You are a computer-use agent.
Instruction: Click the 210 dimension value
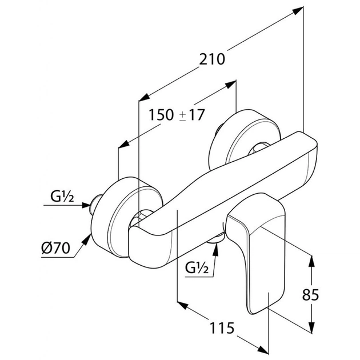[x=212, y=58]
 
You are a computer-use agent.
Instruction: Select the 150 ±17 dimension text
[x=177, y=114]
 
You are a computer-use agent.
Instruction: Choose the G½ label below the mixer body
[x=195, y=266]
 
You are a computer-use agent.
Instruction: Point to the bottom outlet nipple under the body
[x=216, y=244]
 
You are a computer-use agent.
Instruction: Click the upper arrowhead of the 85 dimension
[x=311, y=260]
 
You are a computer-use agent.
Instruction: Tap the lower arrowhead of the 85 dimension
[x=311, y=329]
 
